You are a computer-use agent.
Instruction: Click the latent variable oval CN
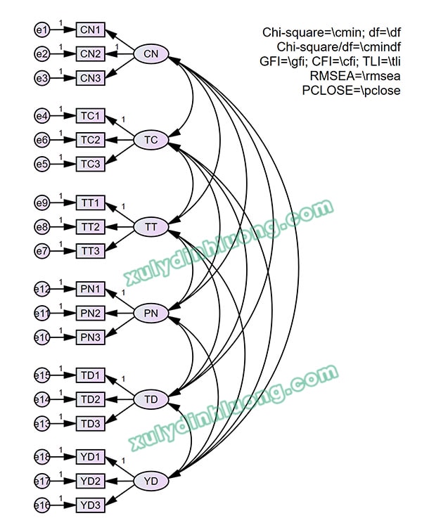tap(151, 54)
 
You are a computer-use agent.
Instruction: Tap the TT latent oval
tap(151, 227)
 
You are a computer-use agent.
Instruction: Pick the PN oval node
tap(151, 314)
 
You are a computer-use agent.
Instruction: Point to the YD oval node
tap(151, 482)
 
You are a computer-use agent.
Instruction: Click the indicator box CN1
tap(91, 30)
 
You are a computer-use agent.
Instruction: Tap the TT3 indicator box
tap(91, 251)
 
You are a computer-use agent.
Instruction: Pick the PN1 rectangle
tap(91, 289)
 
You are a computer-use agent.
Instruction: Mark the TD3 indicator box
tap(91, 424)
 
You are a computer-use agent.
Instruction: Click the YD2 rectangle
tap(91, 482)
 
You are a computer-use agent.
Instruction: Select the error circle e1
tap(42, 30)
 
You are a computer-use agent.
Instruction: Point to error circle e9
tap(42, 204)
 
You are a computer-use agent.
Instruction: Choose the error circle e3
tap(42, 78)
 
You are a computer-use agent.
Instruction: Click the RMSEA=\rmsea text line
tap(355, 76)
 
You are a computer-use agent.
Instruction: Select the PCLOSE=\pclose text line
tap(351, 91)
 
